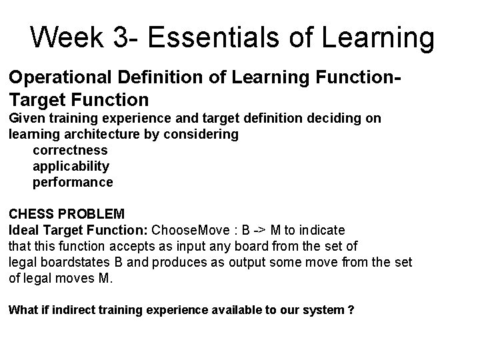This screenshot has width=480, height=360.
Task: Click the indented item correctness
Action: point(69,150)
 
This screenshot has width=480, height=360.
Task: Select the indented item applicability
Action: point(71,165)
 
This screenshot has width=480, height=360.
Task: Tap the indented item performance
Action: point(73,181)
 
